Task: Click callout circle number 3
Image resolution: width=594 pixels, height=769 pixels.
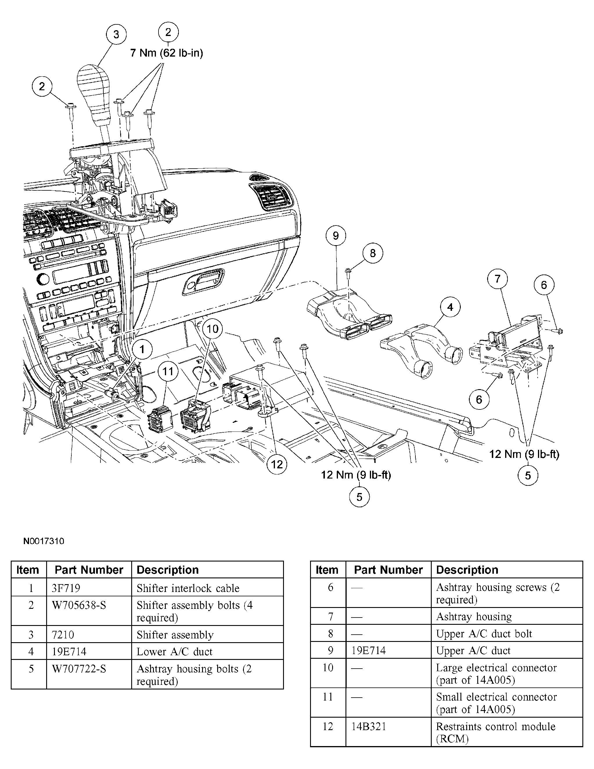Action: (116, 35)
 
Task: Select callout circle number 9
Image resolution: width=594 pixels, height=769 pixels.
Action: (335, 236)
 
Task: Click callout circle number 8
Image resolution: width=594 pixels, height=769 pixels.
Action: (373, 253)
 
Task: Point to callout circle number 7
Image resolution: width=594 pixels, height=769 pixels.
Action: (497, 279)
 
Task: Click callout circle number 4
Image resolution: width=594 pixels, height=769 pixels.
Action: (450, 307)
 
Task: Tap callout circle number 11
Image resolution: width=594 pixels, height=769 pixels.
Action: (168, 371)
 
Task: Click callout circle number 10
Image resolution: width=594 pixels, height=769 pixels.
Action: (213, 329)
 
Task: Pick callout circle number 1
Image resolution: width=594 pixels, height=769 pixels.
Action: (142, 350)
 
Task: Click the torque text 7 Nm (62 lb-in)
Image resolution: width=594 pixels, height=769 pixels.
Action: (167, 53)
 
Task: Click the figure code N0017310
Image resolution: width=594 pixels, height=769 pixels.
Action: (44, 541)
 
